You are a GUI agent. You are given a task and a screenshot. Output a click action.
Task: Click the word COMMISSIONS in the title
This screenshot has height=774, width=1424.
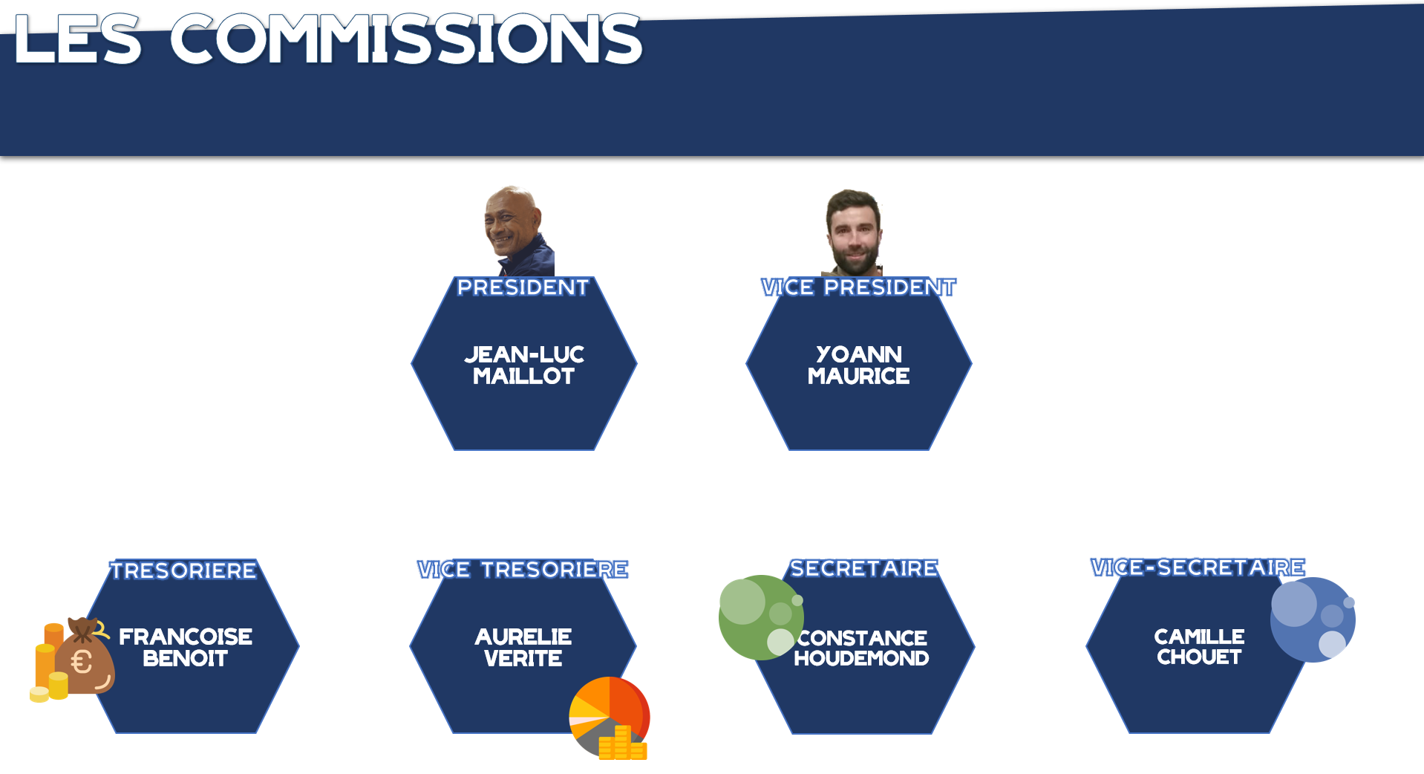(406, 39)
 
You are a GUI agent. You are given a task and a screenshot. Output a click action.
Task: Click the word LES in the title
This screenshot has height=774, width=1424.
(78, 39)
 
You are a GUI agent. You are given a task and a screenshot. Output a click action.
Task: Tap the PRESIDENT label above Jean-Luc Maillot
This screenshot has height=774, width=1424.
(523, 287)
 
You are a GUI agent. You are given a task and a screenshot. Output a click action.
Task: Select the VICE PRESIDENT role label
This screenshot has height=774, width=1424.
(858, 287)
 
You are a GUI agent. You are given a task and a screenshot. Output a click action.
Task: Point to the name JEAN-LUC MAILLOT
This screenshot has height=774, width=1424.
(524, 365)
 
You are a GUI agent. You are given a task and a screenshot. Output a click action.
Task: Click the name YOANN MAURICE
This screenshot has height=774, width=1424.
(858, 365)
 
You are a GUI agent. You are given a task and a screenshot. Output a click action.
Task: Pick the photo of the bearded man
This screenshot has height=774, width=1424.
(853, 232)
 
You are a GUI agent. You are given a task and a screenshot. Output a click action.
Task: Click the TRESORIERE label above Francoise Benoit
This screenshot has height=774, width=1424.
(183, 570)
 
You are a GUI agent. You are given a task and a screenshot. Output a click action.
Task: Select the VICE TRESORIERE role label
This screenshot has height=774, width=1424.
(523, 570)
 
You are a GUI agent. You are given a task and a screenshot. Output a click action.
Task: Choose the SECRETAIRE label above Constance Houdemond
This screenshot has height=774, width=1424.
(864, 568)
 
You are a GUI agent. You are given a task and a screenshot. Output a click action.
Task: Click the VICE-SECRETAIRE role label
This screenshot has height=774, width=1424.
(1198, 568)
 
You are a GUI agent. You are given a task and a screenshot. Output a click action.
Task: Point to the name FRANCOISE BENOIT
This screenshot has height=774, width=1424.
(186, 647)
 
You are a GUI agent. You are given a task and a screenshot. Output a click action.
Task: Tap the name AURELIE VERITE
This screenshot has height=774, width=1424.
(523, 647)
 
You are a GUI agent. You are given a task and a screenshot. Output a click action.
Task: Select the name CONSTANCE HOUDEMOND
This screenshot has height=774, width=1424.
(862, 648)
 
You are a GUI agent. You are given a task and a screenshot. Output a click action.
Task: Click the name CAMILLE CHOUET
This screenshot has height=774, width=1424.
(1199, 646)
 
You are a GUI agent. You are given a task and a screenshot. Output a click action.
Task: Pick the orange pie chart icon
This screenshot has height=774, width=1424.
(610, 718)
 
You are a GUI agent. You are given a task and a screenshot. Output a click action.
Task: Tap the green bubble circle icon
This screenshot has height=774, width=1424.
(761, 617)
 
